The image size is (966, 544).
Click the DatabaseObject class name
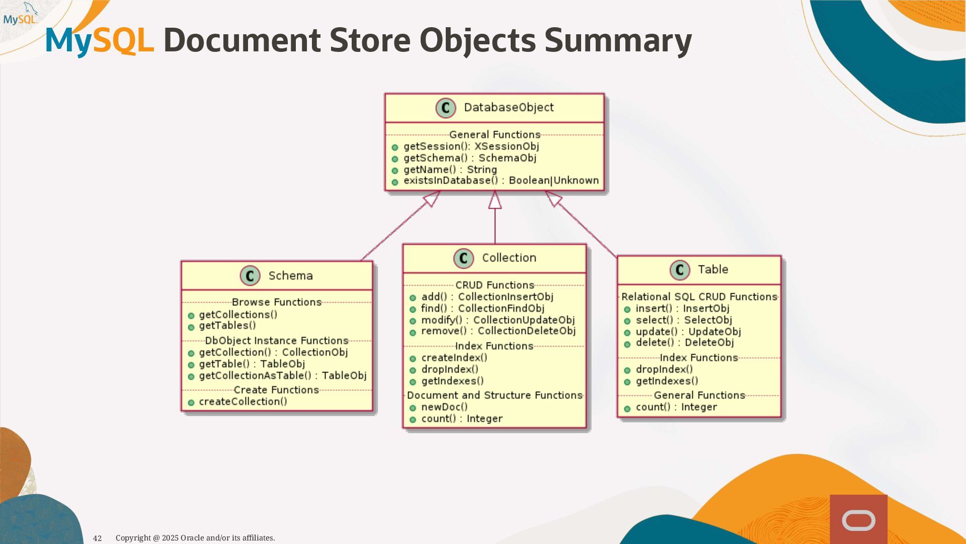coord(508,107)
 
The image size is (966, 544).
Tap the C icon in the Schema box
coord(250,276)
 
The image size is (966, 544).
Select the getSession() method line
coord(470,147)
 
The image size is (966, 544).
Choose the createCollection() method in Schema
coord(243,402)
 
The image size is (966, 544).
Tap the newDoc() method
coord(444,407)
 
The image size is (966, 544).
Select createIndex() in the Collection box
coord(454,358)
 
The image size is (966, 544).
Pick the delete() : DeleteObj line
coord(684,343)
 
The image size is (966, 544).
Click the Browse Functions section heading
coord(277,302)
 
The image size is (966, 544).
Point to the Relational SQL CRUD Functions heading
coord(699,297)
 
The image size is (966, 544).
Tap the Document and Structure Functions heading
coord(495,395)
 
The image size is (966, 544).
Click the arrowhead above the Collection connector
coord(495,200)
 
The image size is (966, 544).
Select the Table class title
coord(712,269)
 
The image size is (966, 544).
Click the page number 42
coord(98,538)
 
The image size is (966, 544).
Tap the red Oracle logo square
coord(858,519)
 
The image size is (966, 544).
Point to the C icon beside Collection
coord(463,258)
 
